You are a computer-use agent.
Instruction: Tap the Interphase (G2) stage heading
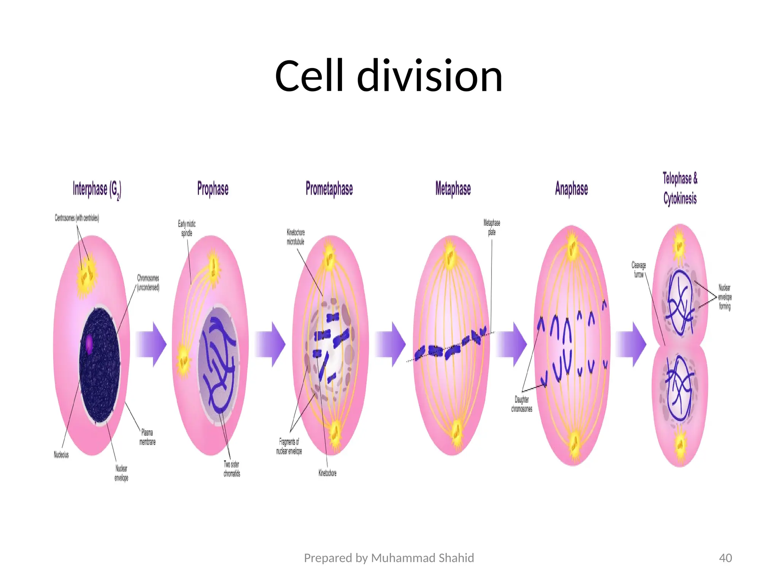(97, 189)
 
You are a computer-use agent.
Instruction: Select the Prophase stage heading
(213, 189)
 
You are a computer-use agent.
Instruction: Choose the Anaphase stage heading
(571, 189)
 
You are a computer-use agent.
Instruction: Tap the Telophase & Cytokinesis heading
(680, 189)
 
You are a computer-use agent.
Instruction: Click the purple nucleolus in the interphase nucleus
(89, 343)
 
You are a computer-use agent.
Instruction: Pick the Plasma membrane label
(147, 437)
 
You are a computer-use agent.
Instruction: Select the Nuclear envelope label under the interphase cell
(121, 473)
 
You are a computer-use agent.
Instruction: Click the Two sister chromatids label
(232, 469)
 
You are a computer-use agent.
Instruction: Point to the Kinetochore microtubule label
(296, 237)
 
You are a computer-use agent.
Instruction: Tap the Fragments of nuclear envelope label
(289, 446)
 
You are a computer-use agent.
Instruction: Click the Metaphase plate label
(492, 227)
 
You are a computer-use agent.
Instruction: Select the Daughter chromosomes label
(521, 404)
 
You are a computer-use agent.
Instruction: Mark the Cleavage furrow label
(639, 270)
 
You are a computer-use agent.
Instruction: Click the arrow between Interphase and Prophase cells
(151, 344)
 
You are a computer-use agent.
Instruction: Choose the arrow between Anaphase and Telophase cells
(631, 344)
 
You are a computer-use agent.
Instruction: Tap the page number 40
(725, 558)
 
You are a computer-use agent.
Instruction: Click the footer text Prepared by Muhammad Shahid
(389, 558)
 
